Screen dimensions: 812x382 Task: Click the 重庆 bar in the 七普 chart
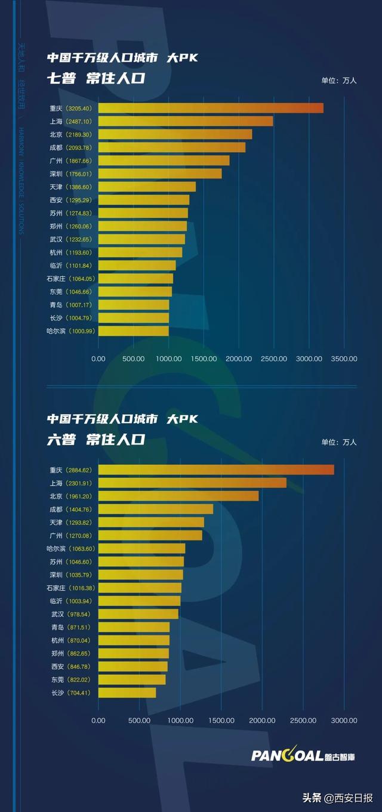coord(210,108)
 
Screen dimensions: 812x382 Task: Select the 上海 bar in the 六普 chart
coord(192,483)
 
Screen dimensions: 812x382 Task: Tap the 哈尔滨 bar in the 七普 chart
coord(133,331)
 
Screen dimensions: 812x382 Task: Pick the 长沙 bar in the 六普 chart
coord(127,693)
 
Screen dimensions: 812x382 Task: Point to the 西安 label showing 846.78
coord(70,666)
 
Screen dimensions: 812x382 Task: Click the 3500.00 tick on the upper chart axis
coord(344,359)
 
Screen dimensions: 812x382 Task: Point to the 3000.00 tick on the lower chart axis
coord(344,720)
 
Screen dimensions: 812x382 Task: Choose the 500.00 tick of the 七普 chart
coord(133,359)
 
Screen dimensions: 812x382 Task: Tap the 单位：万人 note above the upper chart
coord(338,81)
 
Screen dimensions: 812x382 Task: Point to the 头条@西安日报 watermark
coord(337,798)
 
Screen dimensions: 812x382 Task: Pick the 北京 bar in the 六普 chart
coord(178,496)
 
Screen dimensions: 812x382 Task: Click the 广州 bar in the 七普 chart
coord(164,160)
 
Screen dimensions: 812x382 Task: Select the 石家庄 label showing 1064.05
coord(70,279)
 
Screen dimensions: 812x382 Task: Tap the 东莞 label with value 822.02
coord(70,680)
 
